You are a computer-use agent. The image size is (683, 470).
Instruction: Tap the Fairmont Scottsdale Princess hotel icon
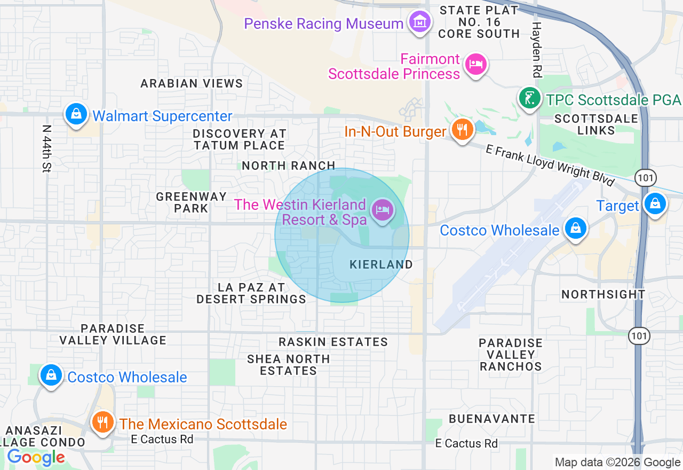point(476,65)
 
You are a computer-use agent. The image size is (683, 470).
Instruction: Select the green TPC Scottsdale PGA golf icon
point(529,98)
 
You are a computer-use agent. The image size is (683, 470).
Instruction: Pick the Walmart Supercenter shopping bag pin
point(76,114)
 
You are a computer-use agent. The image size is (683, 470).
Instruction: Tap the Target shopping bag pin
point(655,203)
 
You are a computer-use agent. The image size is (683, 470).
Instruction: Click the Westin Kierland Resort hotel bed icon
point(382,209)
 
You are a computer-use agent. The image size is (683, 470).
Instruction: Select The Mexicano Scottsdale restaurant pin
point(102,422)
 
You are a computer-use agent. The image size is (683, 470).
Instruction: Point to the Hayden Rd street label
point(536,49)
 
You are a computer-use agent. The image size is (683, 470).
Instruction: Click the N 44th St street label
point(47,148)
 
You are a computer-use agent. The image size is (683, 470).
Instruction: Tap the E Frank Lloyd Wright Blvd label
point(550,166)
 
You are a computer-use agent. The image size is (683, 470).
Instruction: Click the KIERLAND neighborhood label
point(381,264)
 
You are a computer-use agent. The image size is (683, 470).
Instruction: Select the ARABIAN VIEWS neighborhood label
point(192,83)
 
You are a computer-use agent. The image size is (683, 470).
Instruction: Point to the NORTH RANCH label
point(289,166)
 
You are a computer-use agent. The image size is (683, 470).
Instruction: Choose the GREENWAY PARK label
point(191,202)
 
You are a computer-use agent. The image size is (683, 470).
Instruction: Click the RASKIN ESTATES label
point(333,342)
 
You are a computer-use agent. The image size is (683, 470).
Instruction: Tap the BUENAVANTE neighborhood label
point(491,419)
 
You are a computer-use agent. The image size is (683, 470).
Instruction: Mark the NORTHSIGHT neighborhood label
point(603,294)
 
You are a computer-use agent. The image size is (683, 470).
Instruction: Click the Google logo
point(36,457)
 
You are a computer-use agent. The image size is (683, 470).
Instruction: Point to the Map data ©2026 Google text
point(617,463)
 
